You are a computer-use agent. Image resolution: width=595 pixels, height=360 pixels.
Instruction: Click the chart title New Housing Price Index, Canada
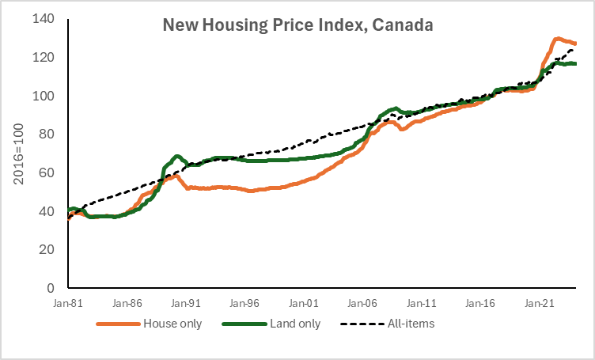297,25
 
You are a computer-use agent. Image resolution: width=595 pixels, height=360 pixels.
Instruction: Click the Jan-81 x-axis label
68,303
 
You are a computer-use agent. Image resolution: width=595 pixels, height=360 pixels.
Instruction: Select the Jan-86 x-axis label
127,303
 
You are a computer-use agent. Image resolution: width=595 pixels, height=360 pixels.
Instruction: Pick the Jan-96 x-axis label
245,303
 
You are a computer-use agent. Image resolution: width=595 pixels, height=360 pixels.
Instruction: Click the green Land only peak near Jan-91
176,156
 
